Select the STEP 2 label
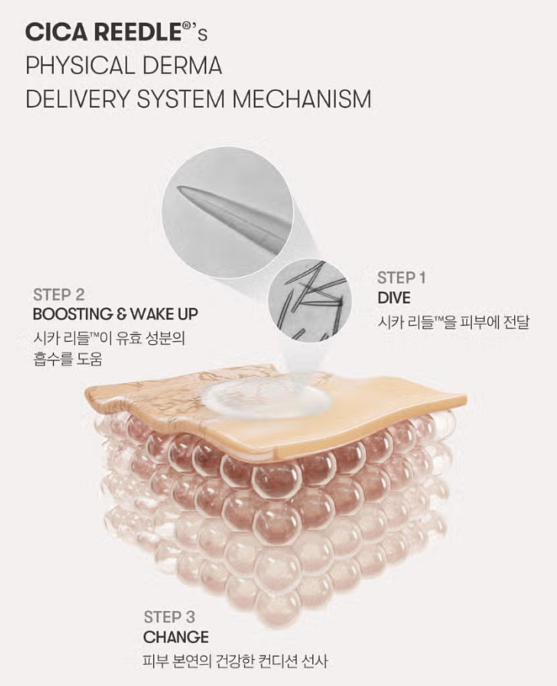(59, 295)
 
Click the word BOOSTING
(73, 315)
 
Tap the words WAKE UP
(161, 315)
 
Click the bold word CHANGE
(176, 637)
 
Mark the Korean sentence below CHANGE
(235, 662)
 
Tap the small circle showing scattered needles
(310, 300)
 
